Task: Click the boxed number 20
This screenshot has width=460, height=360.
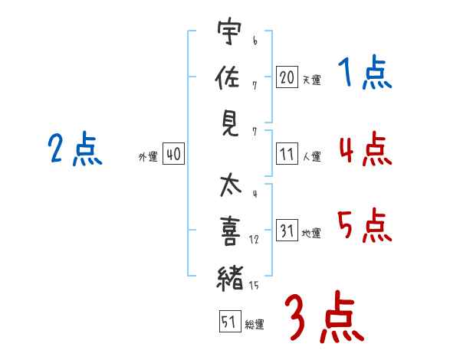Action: (287, 77)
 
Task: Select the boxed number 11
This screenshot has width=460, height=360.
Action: (287, 155)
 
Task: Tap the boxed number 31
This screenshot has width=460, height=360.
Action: (287, 231)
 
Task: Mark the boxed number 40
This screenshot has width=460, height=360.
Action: (172, 155)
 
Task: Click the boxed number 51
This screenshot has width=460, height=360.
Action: (228, 322)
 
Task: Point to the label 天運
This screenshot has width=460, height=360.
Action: (310, 80)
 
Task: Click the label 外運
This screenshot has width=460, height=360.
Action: (147, 156)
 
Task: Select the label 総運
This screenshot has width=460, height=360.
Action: (255, 325)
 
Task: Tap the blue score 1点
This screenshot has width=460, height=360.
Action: (364, 74)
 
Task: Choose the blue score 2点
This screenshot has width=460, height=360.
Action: (74, 149)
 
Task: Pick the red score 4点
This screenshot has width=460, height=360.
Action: (364, 149)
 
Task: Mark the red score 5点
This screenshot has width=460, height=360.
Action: (364, 224)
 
